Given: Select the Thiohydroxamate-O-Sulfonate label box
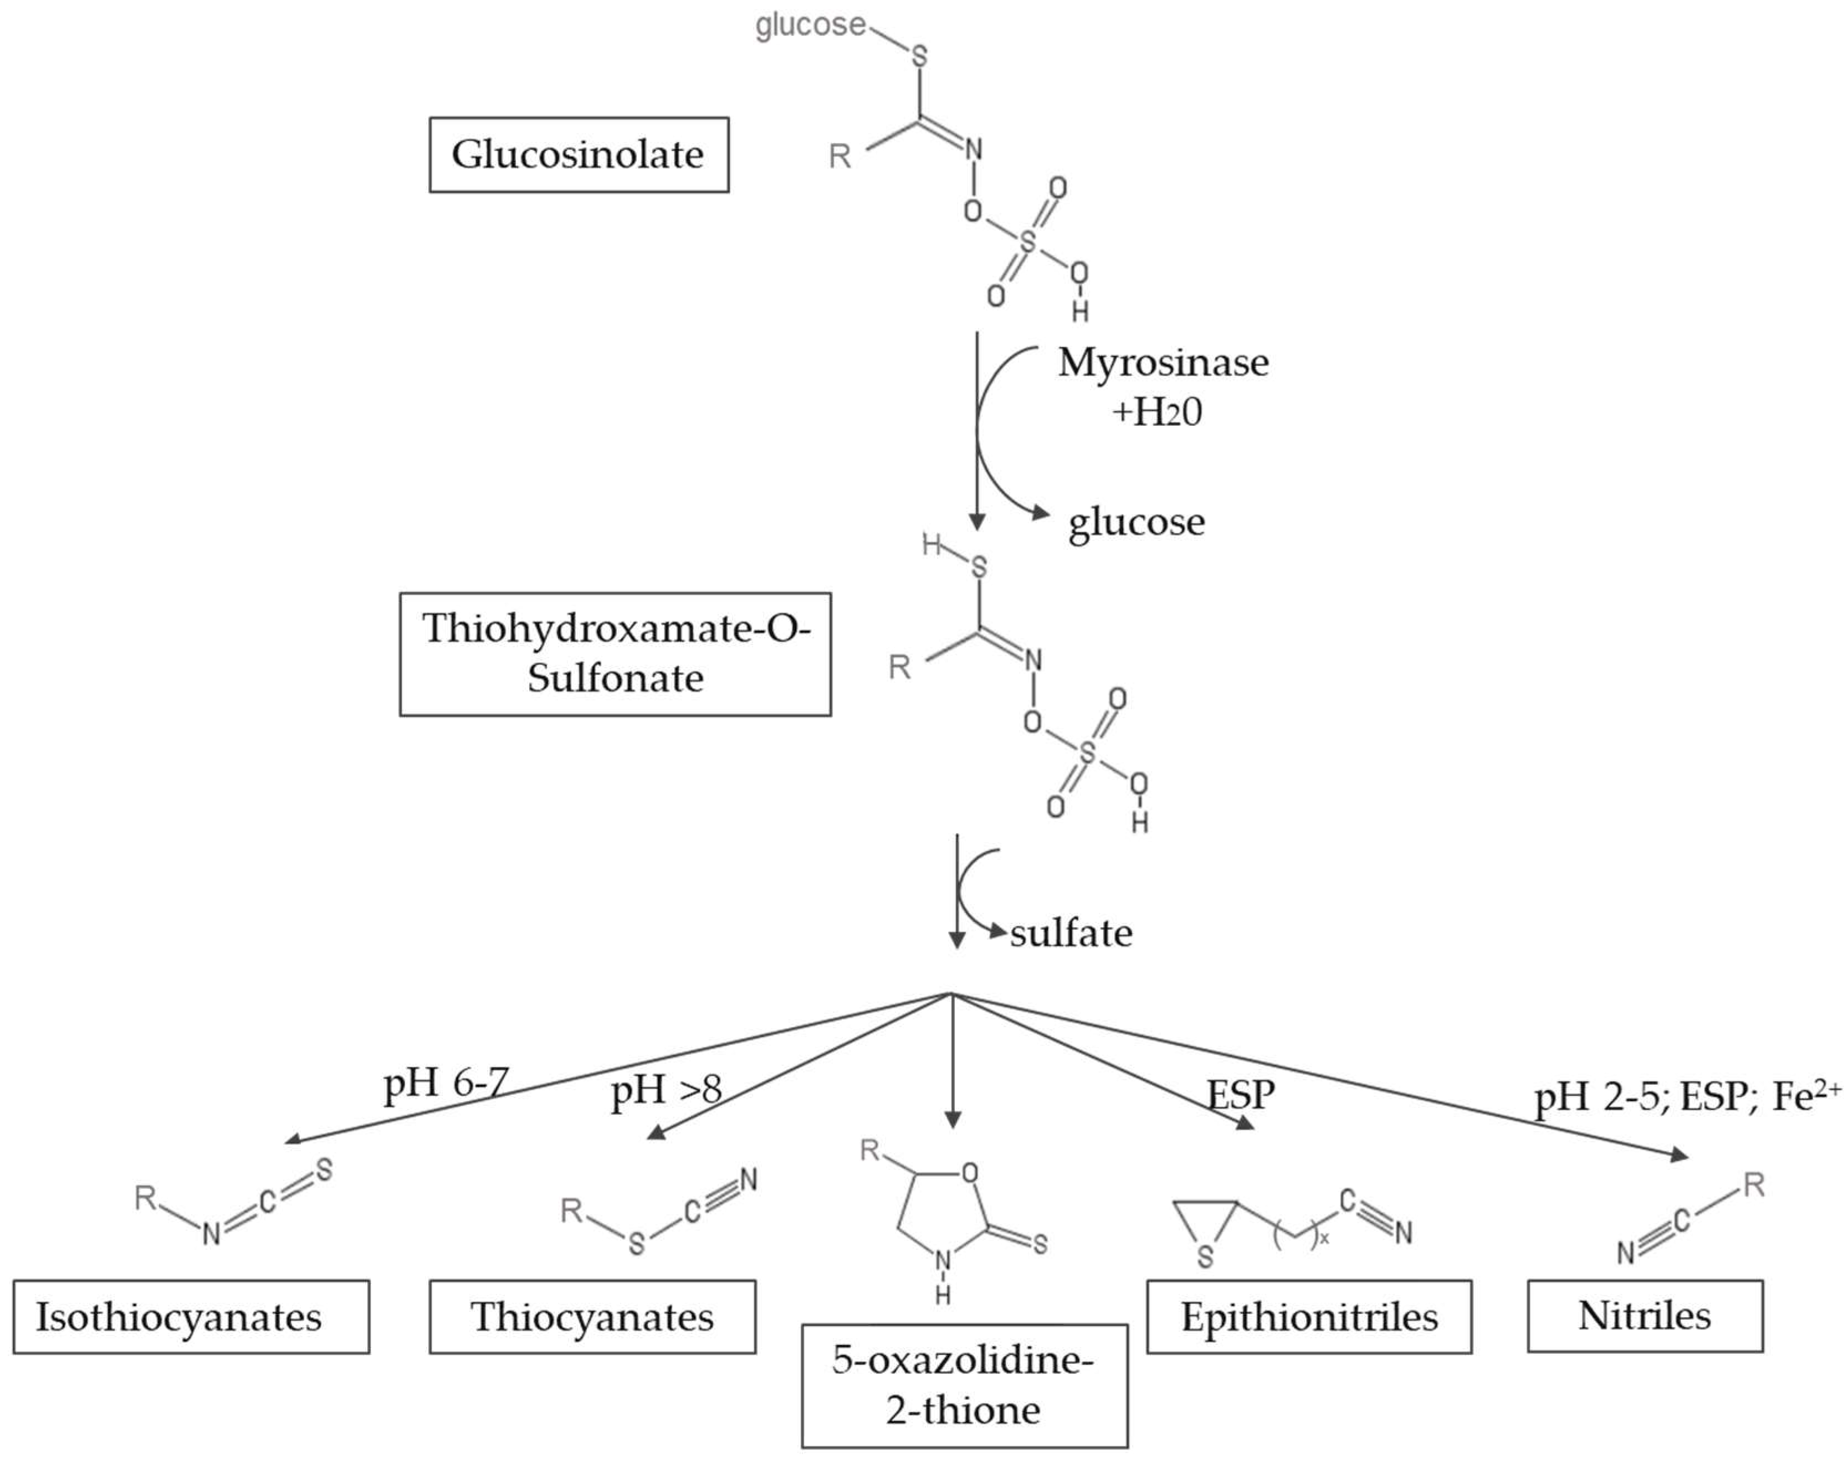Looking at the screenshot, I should pyautogui.click(x=615, y=654).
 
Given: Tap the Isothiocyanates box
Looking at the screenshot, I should pyautogui.click(x=191, y=1316).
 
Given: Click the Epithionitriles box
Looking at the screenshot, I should pyautogui.click(x=1308, y=1316).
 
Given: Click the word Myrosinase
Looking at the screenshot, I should pyautogui.click(x=1163, y=363).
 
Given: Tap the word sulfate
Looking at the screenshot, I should pyautogui.click(x=1071, y=933).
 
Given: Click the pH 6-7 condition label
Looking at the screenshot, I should pyautogui.click(x=446, y=1083).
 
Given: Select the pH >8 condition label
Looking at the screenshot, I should pyautogui.click(x=666, y=1090).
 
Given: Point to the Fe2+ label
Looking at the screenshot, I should pyautogui.click(x=1806, y=1095).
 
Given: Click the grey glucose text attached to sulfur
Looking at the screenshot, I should pyautogui.click(x=810, y=25).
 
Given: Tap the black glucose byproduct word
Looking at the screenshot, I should pyautogui.click(x=1136, y=522).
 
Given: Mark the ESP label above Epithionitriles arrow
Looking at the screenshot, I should pyautogui.click(x=1240, y=1094).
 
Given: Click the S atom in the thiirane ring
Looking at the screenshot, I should pyautogui.click(x=1204, y=1256).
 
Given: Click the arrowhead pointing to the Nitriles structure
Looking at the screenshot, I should pyautogui.click(x=1680, y=1156).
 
